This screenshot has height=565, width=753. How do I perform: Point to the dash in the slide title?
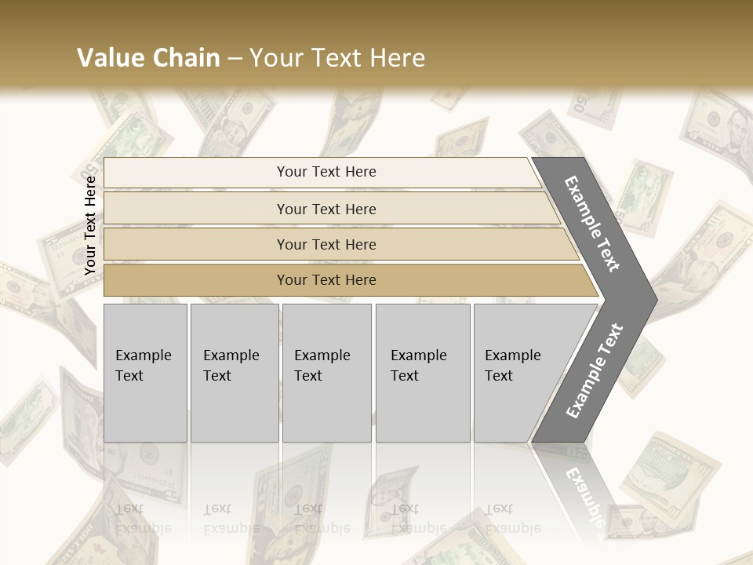(x=235, y=59)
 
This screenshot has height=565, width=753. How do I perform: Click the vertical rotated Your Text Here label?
(x=90, y=225)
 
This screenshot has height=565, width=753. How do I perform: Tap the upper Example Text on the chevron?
(x=592, y=224)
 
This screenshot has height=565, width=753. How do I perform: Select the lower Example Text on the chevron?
(x=594, y=371)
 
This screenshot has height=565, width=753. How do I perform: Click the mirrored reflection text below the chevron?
(x=584, y=499)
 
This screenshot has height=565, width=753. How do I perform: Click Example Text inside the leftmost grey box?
(x=143, y=366)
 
